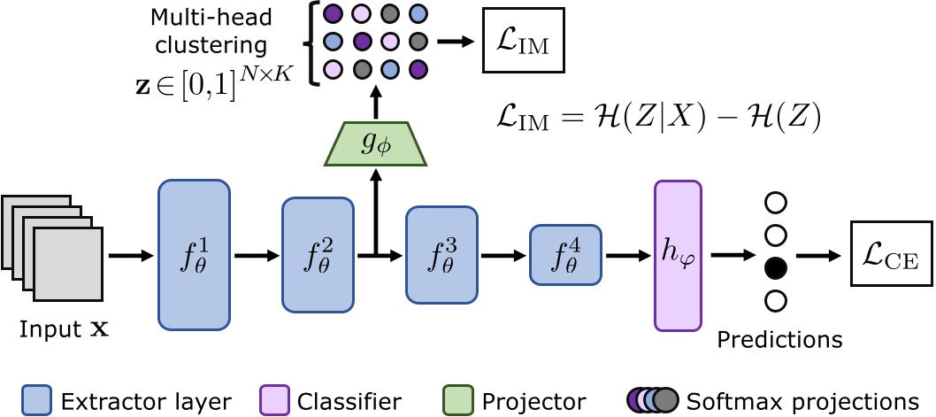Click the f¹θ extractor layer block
194,253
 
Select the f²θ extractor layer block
318,253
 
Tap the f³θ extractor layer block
441,254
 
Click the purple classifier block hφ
678,254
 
